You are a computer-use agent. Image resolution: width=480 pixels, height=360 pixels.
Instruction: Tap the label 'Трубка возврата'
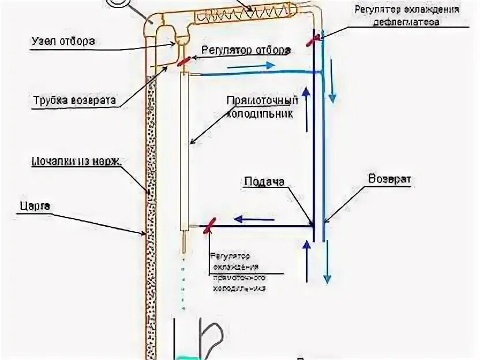(x=73, y=100)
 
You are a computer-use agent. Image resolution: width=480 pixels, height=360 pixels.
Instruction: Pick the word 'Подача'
(x=264, y=182)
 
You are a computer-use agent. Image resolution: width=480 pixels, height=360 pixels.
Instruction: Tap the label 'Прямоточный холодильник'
(x=262, y=107)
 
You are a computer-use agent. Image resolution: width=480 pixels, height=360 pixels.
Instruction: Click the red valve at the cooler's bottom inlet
(x=210, y=225)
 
